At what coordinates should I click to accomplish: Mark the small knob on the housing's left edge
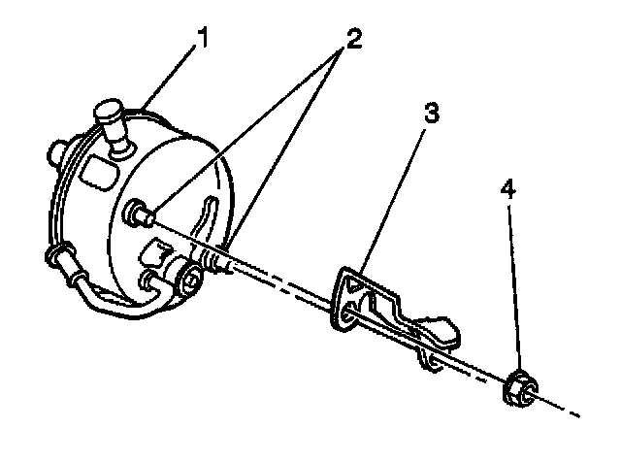55,151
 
